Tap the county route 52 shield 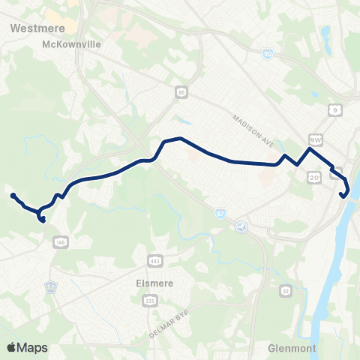[x=52, y=265]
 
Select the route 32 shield [x=286, y=290]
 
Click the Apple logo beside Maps [x=12, y=347]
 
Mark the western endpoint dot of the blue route [x=13, y=196]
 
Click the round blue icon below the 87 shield [x=241, y=227]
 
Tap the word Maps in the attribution [x=32, y=347]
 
